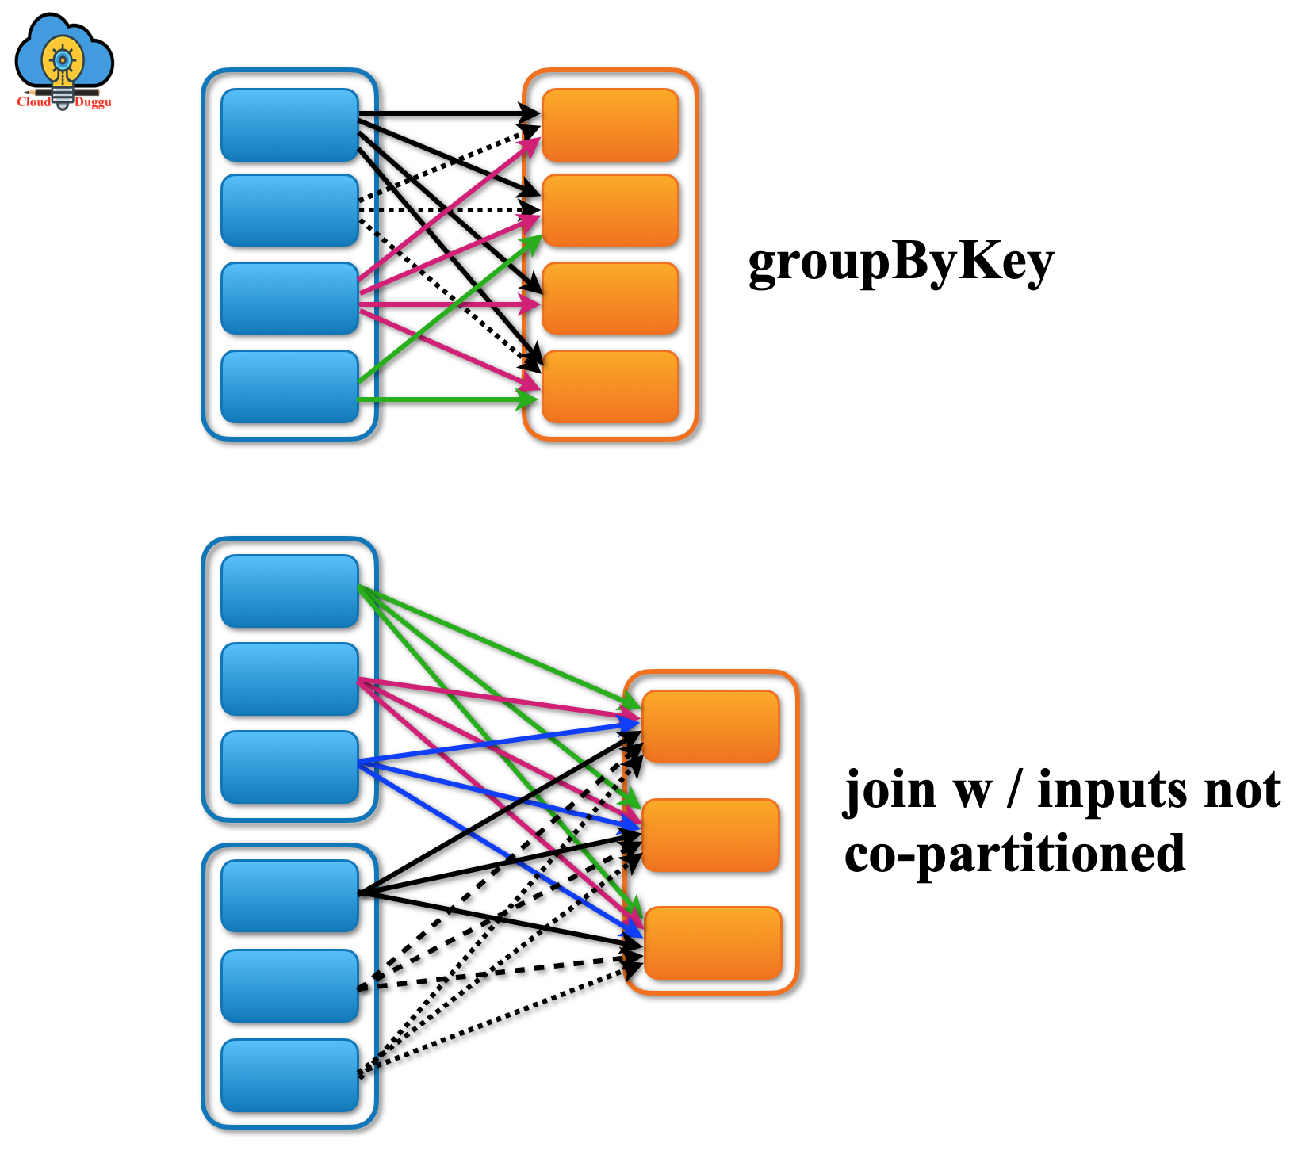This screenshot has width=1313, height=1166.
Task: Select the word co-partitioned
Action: (x=1014, y=854)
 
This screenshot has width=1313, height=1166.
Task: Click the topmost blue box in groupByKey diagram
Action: (x=289, y=125)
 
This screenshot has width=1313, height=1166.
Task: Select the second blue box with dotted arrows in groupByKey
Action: (x=289, y=211)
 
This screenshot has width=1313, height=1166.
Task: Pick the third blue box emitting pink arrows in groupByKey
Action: (x=289, y=298)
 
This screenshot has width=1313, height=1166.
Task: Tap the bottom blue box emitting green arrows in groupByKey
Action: (x=289, y=386)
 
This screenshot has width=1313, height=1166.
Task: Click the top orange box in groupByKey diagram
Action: (x=611, y=125)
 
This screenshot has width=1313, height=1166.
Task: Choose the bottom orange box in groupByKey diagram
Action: (x=611, y=386)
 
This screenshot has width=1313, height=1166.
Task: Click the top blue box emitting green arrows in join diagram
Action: (x=289, y=591)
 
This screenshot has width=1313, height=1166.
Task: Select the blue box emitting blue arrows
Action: (x=289, y=767)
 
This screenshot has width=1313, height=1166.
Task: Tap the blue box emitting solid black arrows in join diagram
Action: (x=289, y=896)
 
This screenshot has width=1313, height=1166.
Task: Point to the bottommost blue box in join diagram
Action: (x=289, y=1076)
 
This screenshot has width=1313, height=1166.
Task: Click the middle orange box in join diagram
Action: (x=711, y=835)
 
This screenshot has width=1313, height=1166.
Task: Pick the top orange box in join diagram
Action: (x=711, y=726)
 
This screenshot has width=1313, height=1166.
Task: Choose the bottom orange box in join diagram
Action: (x=713, y=943)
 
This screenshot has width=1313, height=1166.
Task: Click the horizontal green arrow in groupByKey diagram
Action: (x=444, y=399)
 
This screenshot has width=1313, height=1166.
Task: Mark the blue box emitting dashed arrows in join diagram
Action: (x=289, y=986)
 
